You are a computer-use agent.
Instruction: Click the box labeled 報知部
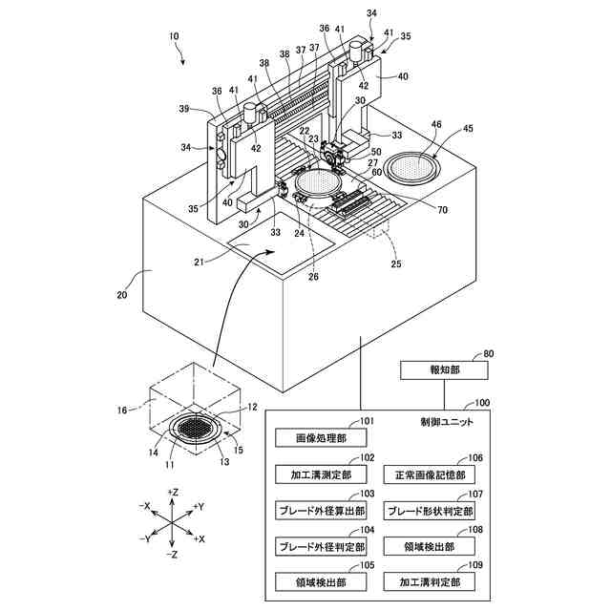pos(444,370)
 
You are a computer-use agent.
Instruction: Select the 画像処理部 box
pos(321,438)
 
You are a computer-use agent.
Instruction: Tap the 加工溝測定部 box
pos(321,474)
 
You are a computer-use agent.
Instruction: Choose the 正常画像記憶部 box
pos(430,475)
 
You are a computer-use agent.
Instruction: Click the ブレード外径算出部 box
pos(321,511)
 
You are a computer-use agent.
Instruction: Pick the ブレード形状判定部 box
pos(430,511)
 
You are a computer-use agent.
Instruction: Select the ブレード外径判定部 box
pos(321,547)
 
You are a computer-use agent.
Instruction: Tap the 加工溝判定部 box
pos(430,582)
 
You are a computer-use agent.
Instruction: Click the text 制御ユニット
pos(447,422)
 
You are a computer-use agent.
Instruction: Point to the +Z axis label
pos(173,493)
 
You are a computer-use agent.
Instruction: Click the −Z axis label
pos(172,554)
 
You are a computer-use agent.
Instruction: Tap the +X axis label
pos(200,538)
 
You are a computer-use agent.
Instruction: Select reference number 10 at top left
pos(174,36)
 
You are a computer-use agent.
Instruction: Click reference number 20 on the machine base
pos(122,295)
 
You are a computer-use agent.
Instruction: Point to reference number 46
pos(436,124)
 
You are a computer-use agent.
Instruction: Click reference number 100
pos(482,402)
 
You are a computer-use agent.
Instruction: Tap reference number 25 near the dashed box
pos(396,263)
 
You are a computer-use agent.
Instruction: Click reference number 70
pos(442,210)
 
